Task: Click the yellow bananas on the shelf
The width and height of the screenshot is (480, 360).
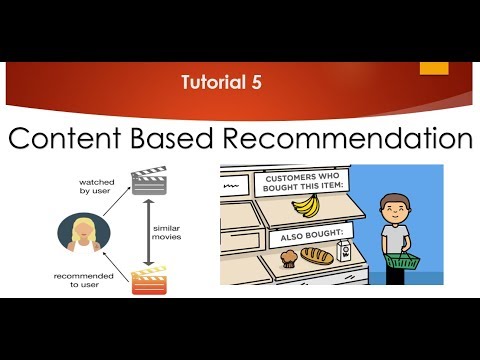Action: (x=305, y=206)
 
